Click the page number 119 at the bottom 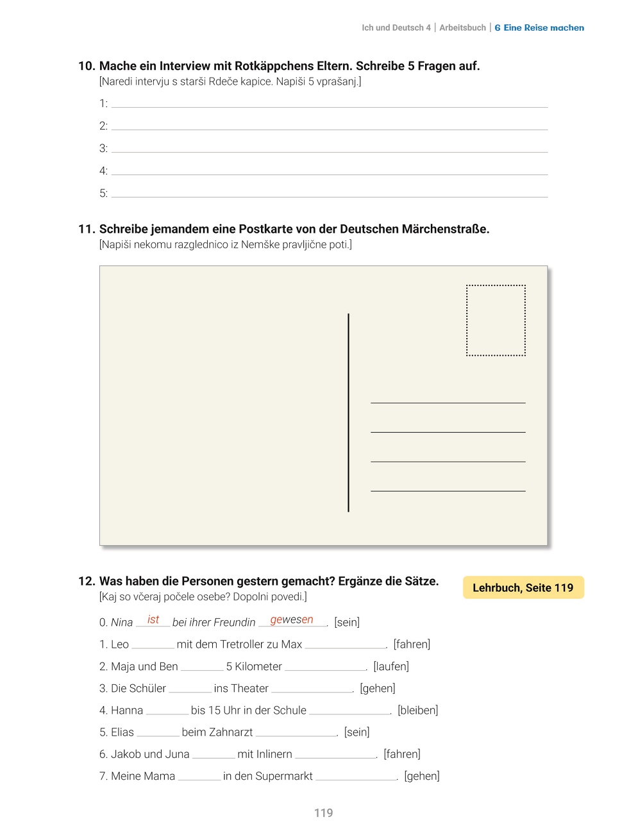point(323,813)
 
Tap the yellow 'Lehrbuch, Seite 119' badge point(523,587)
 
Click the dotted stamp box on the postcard point(496,321)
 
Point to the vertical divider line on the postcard point(348,412)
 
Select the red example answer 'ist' point(153,619)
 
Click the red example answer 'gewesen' point(292,619)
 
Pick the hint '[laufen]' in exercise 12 point(391,666)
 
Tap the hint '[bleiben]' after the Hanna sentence point(417,710)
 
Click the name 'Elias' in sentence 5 point(122,732)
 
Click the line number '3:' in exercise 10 point(103,148)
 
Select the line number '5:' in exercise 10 point(103,193)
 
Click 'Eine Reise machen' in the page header point(544,28)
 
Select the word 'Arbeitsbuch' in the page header point(462,28)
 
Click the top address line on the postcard point(448,402)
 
